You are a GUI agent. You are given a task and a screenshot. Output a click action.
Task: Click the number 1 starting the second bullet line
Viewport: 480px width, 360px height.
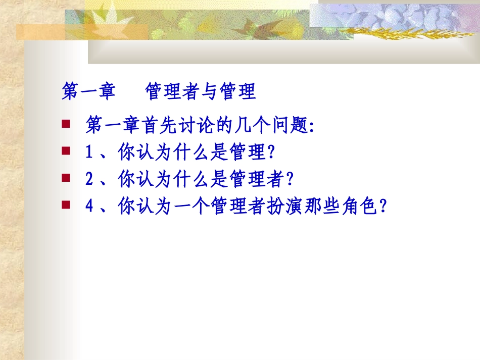pos(88,152)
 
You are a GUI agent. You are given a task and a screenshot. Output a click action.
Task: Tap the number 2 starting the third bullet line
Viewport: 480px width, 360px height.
pos(88,179)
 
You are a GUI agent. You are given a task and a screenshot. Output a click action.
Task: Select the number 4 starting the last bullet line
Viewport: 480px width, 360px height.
pos(88,207)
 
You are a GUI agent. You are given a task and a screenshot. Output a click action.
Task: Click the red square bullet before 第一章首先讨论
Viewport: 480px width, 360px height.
pos(65,123)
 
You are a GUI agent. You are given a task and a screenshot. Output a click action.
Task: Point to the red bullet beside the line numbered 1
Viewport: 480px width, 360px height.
pos(65,150)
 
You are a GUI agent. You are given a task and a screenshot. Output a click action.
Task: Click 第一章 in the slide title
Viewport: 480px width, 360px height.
pos(88,92)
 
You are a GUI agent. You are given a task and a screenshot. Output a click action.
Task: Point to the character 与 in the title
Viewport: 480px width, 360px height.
pos(209,92)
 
